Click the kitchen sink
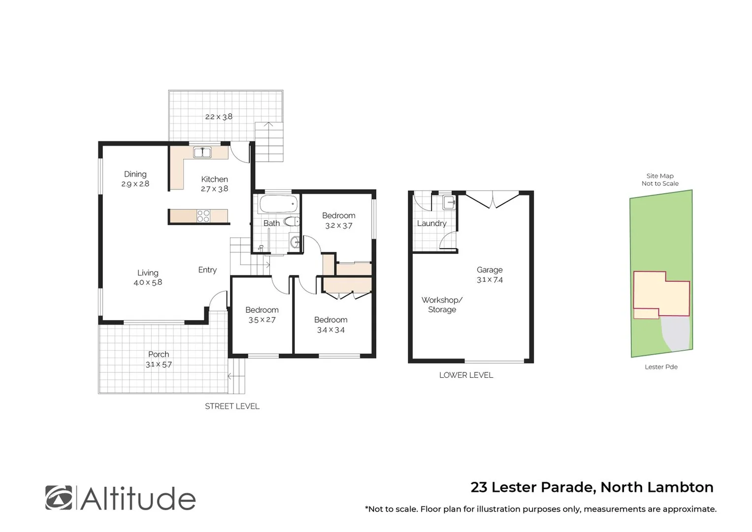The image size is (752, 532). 202,153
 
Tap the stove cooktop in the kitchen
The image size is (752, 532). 203,216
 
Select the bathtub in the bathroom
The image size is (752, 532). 278,203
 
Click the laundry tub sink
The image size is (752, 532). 449,202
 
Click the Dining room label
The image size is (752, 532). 135,174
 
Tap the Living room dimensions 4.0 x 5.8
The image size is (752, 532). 148,282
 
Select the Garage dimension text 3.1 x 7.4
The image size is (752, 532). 490,279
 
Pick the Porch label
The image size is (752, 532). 159,354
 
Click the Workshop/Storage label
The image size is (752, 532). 442,304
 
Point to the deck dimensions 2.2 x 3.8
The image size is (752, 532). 219,117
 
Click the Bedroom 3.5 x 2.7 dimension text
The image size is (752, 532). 262,320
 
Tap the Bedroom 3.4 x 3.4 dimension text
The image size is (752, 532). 330,330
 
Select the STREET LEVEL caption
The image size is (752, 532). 232,406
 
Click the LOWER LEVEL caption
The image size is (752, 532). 466,375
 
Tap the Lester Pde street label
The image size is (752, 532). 661,366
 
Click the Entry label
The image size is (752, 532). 207,270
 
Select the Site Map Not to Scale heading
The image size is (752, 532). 660,179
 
